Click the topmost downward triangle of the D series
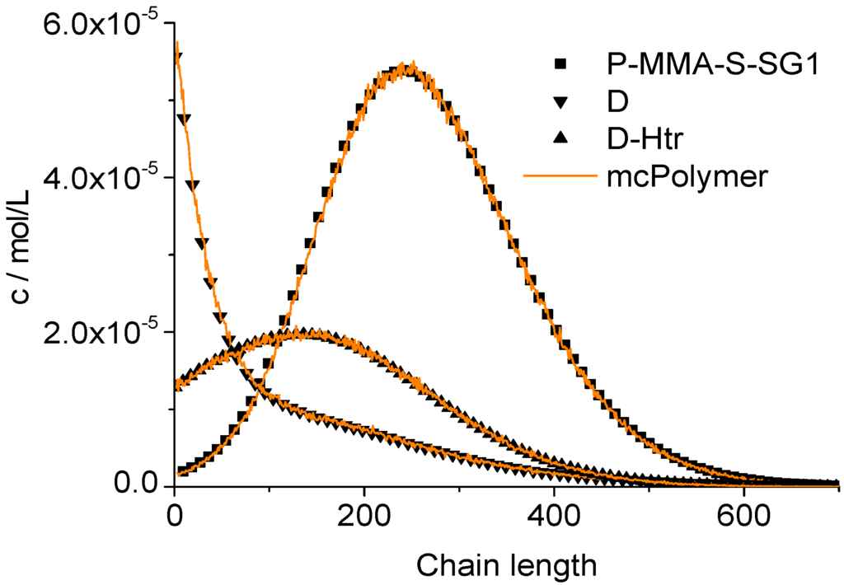pos(177,56)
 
